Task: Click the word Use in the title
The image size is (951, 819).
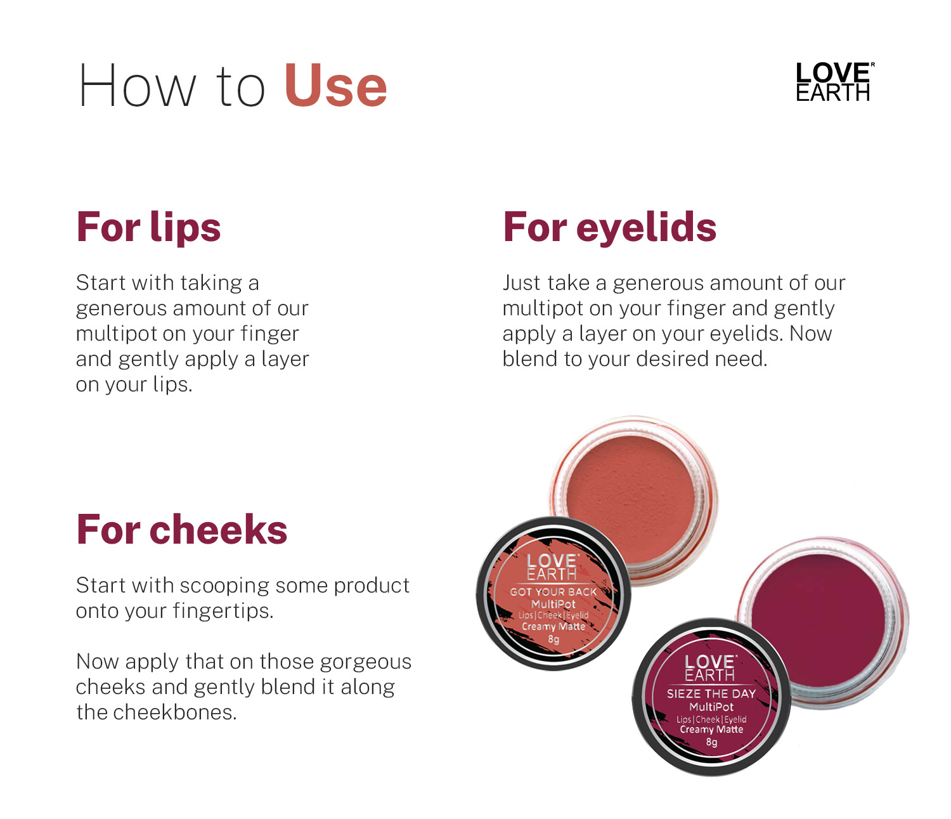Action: click(x=335, y=86)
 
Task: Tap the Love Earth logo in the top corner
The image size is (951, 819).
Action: click(x=834, y=81)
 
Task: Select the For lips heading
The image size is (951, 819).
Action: click(x=148, y=227)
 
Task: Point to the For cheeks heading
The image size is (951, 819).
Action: click(x=182, y=530)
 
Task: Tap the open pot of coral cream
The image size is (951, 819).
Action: click(x=633, y=499)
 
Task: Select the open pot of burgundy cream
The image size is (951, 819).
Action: click(x=823, y=622)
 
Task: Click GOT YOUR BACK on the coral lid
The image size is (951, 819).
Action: click(x=553, y=592)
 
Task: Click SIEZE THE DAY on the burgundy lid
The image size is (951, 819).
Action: click(x=711, y=694)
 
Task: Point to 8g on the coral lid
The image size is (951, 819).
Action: click(x=553, y=639)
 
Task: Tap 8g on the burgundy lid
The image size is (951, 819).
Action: click(x=712, y=742)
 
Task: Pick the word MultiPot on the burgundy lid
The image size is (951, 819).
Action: click(x=711, y=707)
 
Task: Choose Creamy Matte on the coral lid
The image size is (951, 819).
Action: click(x=553, y=627)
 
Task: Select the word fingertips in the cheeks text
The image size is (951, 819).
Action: click(x=223, y=612)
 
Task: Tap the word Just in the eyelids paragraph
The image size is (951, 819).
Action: click(x=522, y=283)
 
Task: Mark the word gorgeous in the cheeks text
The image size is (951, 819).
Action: click(x=366, y=662)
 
